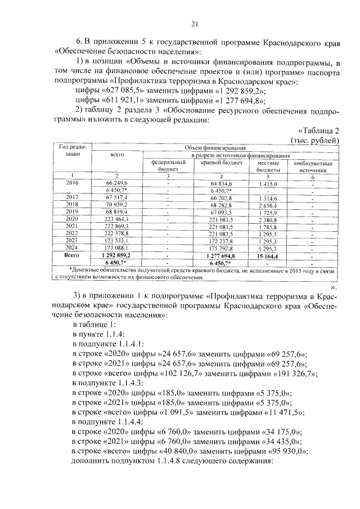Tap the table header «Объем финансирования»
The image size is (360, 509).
pos(215,147)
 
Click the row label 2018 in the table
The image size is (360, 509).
pos(72,205)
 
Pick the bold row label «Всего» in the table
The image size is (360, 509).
pos(72,255)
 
